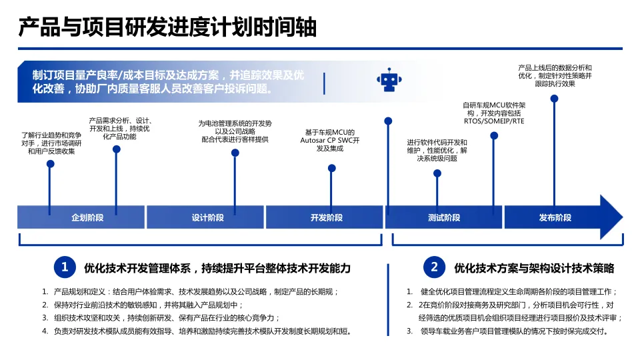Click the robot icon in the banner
click(x=388, y=80)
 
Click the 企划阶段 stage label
click(x=87, y=218)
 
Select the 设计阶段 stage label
click(x=207, y=218)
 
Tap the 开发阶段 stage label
click(x=326, y=218)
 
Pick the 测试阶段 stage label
click(x=444, y=218)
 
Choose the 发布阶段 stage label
click(x=555, y=218)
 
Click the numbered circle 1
click(x=65, y=268)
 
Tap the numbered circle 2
click(x=434, y=268)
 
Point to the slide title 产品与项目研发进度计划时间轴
click(x=167, y=28)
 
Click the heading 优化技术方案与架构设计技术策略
click(x=534, y=269)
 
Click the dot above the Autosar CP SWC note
click(x=332, y=168)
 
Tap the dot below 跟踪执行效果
click(x=554, y=99)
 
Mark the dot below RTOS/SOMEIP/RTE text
click(x=494, y=135)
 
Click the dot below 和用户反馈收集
click(x=50, y=164)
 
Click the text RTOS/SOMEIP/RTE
click(x=494, y=121)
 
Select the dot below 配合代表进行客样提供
click(x=235, y=153)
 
